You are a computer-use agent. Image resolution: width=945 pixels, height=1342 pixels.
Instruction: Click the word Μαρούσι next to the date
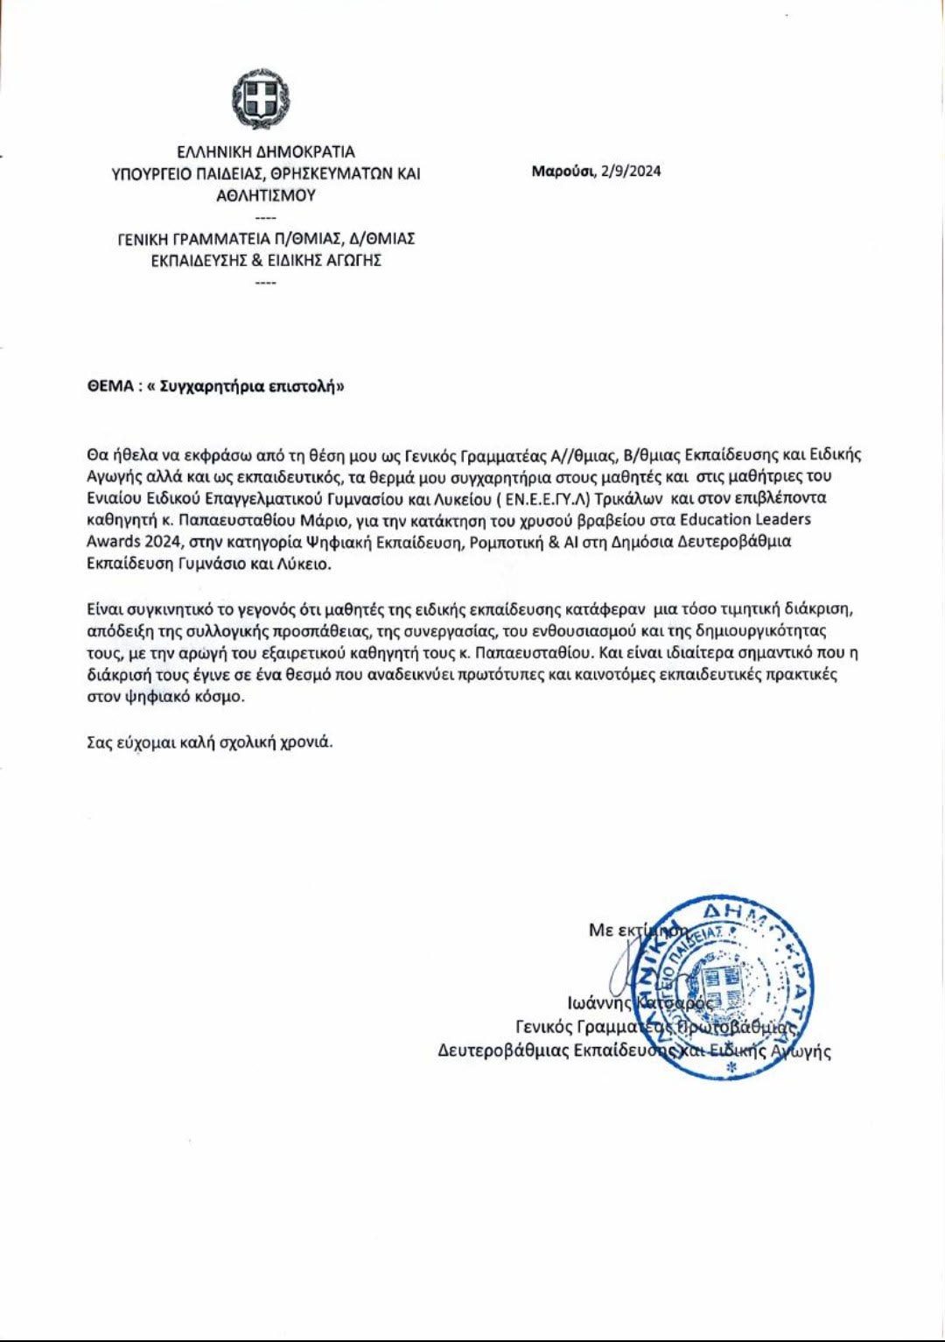click(562, 171)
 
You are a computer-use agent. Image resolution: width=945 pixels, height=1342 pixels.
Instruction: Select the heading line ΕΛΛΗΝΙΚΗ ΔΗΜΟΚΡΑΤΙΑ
click(266, 152)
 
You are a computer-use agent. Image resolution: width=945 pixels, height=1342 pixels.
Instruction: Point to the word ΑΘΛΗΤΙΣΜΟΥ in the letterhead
click(266, 195)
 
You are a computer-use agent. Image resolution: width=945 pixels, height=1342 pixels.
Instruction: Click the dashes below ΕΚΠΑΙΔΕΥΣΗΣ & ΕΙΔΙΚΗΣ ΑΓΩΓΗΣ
click(265, 282)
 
